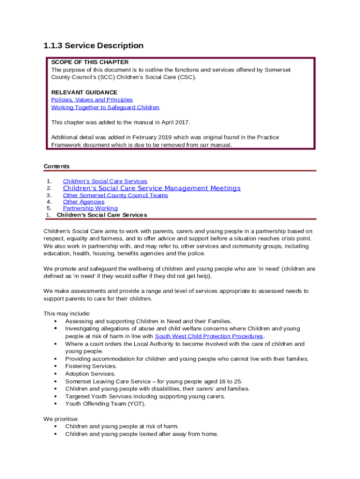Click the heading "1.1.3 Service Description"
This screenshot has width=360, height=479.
(93, 46)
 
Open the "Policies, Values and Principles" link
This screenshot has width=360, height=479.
(92, 100)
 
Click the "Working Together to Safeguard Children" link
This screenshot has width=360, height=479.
(105, 107)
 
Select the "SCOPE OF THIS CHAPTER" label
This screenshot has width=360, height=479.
(90, 62)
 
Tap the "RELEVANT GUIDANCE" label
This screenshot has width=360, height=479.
(84, 92)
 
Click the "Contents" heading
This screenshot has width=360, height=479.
(57, 166)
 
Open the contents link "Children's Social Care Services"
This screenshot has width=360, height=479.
(105, 181)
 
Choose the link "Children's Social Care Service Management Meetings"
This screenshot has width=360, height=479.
(151, 188)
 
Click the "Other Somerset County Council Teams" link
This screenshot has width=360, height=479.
(115, 195)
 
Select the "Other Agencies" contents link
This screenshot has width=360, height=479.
(84, 202)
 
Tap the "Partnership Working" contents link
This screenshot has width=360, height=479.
(90, 208)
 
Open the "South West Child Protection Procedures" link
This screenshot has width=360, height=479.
(209, 336)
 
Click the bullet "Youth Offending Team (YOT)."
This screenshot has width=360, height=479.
(105, 404)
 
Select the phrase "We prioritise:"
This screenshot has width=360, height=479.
(61, 419)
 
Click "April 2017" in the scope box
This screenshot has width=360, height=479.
(175, 122)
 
